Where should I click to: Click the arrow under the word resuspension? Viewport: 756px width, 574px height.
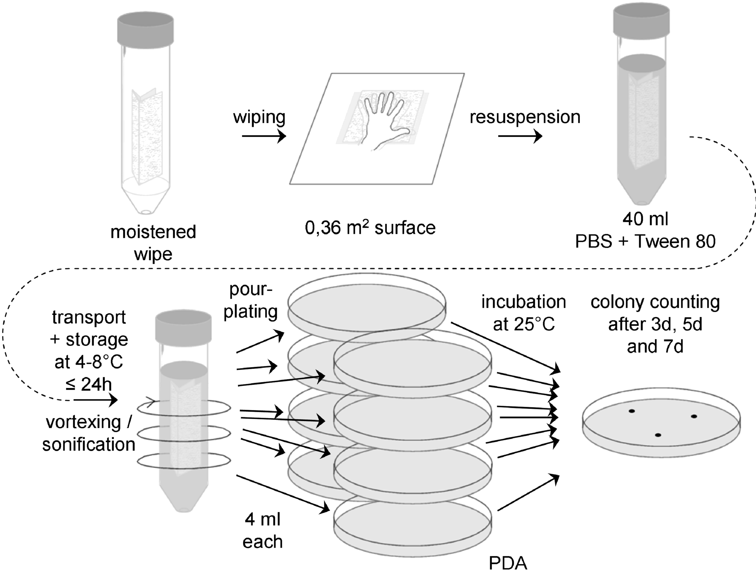pyautogui.click(x=520, y=136)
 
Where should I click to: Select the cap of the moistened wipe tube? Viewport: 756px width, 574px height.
pyautogui.click(x=145, y=29)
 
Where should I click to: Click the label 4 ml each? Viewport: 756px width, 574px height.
pyautogui.click(x=263, y=531)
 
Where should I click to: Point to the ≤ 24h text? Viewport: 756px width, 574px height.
pyautogui.click(x=89, y=385)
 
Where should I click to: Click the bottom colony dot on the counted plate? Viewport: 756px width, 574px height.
pyautogui.click(x=658, y=435)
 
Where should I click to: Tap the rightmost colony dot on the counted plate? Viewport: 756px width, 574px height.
pyautogui.click(x=694, y=416)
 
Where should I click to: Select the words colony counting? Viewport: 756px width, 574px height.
pyautogui.click(x=655, y=302)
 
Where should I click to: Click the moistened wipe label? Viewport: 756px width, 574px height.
pyautogui.click(x=153, y=243)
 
